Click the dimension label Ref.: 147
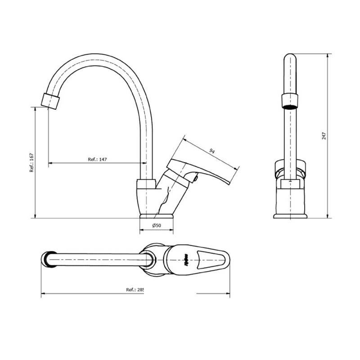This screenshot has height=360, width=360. pyautogui.click(x=97, y=159)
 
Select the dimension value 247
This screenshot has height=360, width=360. pyautogui.click(x=324, y=136)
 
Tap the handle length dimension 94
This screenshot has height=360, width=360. pyautogui.click(x=212, y=151)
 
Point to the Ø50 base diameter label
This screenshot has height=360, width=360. pyautogui.click(x=157, y=225)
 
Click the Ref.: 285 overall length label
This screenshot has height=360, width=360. pyautogui.click(x=135, y=290)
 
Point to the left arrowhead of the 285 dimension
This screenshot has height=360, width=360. pyautogui.click(x=43, y=295)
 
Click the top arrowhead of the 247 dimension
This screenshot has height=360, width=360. pyautogui.click(x=327, y=57)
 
